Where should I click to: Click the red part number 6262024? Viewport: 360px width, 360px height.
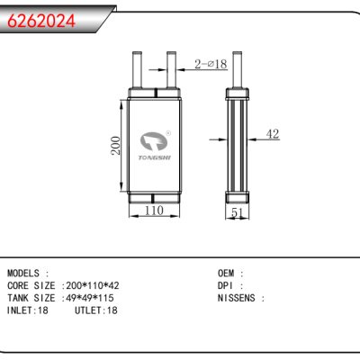click(41, 21)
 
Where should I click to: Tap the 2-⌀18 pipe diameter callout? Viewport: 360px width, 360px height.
click(211, 64)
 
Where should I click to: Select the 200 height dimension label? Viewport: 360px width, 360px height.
click(116, 146)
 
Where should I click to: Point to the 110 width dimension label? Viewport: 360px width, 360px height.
click(154, 211)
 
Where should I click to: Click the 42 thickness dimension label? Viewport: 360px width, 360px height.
click(273, 134)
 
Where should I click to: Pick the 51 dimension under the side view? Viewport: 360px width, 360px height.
click(237, 212)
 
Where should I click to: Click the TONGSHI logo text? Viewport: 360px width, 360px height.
click(155, 157)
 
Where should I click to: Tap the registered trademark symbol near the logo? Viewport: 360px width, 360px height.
click(168, 133)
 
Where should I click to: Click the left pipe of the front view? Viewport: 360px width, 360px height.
click(137, 70)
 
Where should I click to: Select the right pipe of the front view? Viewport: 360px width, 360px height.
click(171, 70)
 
